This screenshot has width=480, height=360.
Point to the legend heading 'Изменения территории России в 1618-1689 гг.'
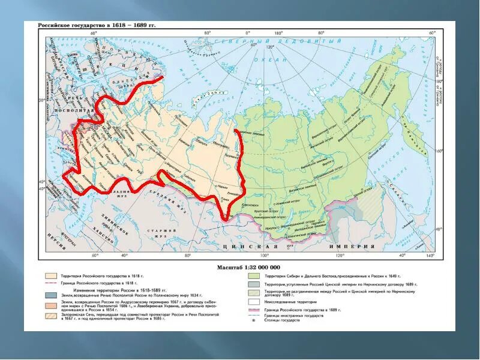pos(120,287)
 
